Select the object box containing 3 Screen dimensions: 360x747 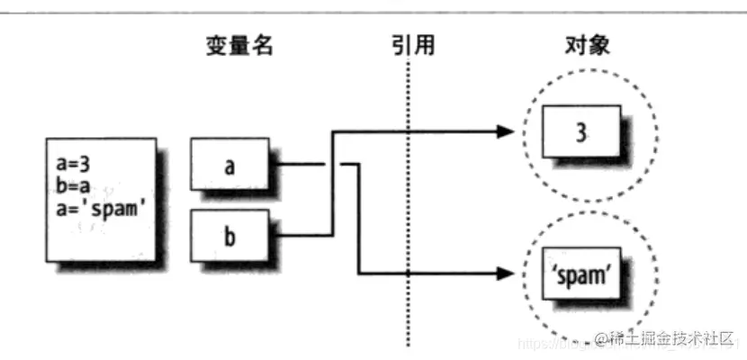point(580,133)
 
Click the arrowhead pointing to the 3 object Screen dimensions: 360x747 point(504,133)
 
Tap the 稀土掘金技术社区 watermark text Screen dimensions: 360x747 point(670,339)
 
